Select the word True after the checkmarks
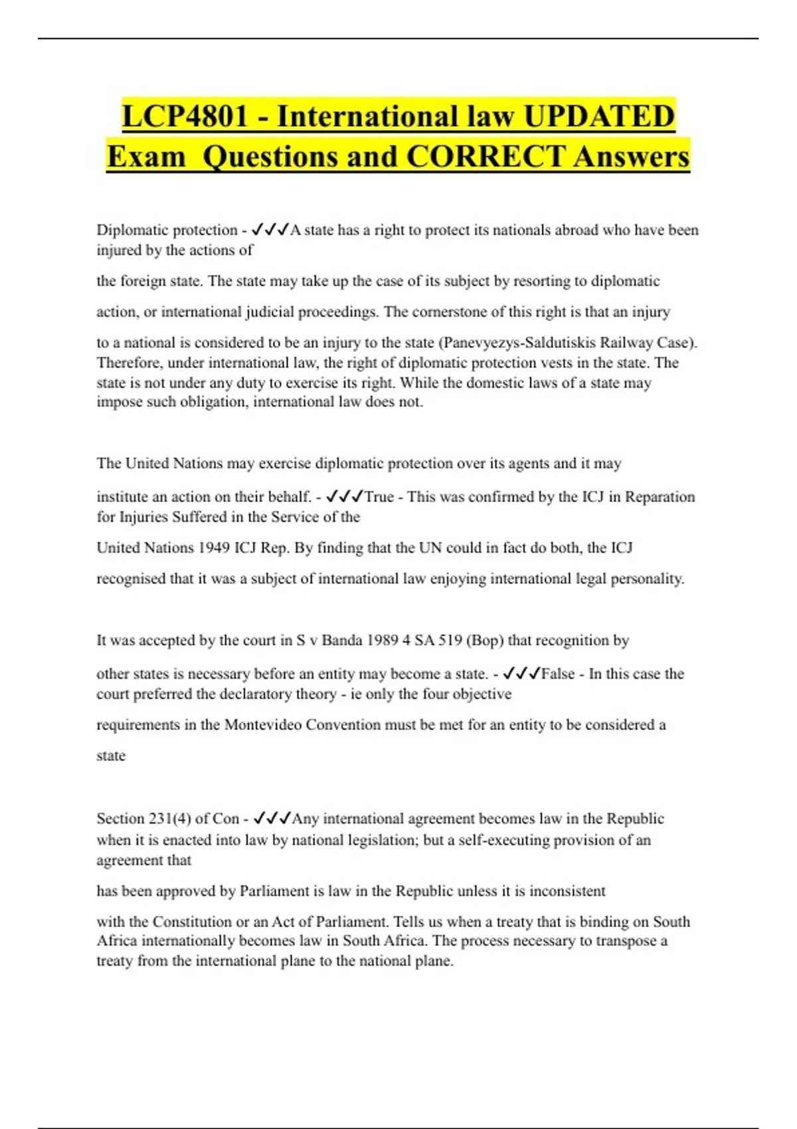[x=379, y=497]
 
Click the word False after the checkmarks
[x=558, y=674]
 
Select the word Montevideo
[x=262, y=725]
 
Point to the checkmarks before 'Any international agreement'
[x=272, y=819]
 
